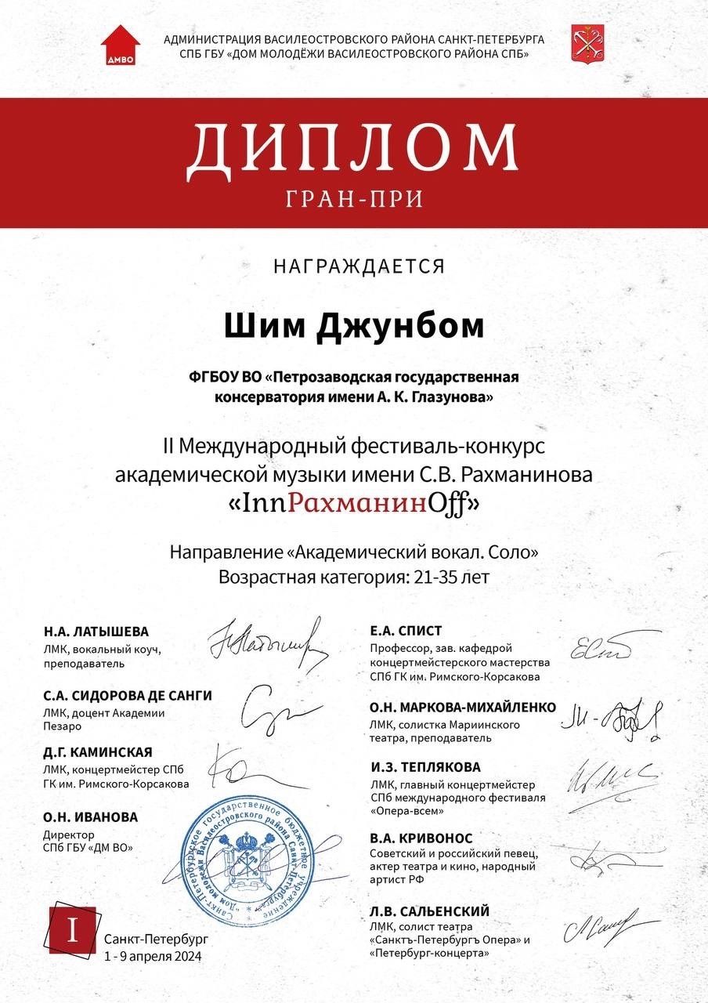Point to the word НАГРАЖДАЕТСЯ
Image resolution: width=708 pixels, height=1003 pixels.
coord(359,266)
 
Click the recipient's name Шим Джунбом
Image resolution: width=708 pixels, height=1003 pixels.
coord(354,326)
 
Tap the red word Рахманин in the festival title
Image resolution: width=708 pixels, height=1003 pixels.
coord(356,505)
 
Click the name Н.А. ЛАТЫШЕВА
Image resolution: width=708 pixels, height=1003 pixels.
coord(96,632)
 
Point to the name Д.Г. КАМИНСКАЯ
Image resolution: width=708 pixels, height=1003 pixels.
coord(98,752)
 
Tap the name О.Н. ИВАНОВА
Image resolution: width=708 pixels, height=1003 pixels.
coord(91,817)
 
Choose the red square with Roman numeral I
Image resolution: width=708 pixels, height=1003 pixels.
coord(72,930)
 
